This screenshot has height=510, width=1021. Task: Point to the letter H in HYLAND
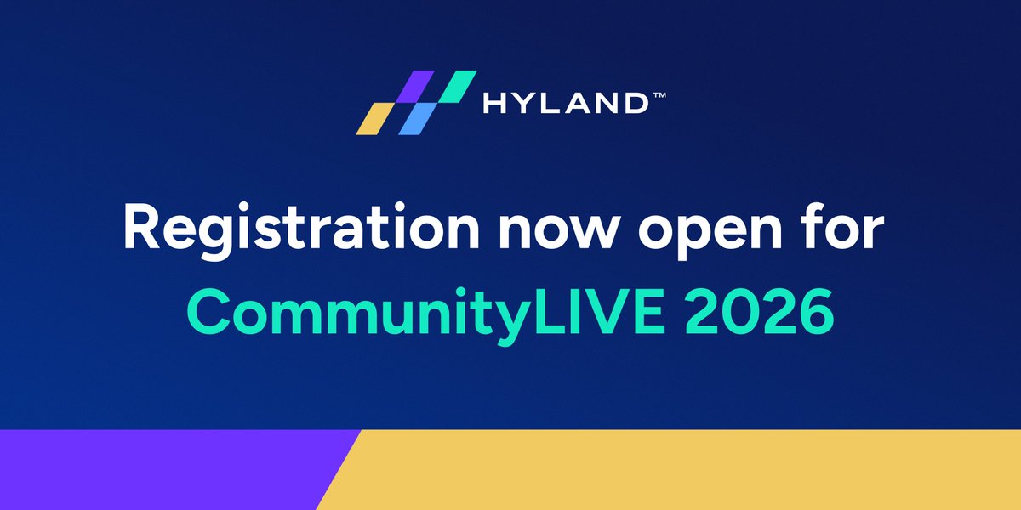tap(494, 104)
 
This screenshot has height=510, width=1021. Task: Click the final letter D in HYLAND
tap(636, 104)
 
